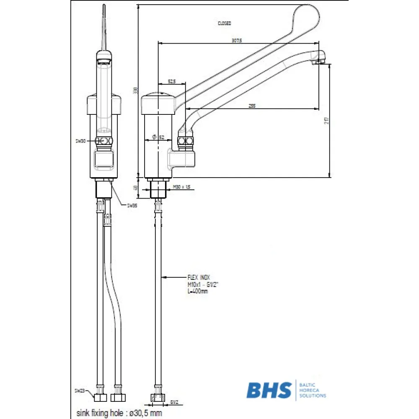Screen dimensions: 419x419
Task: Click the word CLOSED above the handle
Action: tap(224, 23)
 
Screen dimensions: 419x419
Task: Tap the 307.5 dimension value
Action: tap(237, 40)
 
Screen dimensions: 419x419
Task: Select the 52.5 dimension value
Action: tap(171, 81)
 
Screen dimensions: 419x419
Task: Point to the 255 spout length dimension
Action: tap(252, 106)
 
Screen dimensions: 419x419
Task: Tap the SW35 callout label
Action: tap(132, 205)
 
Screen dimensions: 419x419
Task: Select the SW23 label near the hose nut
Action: tap(80, 391)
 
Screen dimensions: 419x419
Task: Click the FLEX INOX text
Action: tap(199, 277)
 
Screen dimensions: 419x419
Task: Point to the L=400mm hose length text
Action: tap(198, 291)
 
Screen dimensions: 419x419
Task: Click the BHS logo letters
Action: tap(269, 391)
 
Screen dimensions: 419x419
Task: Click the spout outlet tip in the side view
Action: tap(321, 62)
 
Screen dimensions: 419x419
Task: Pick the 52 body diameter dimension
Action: tap(161, 137)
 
